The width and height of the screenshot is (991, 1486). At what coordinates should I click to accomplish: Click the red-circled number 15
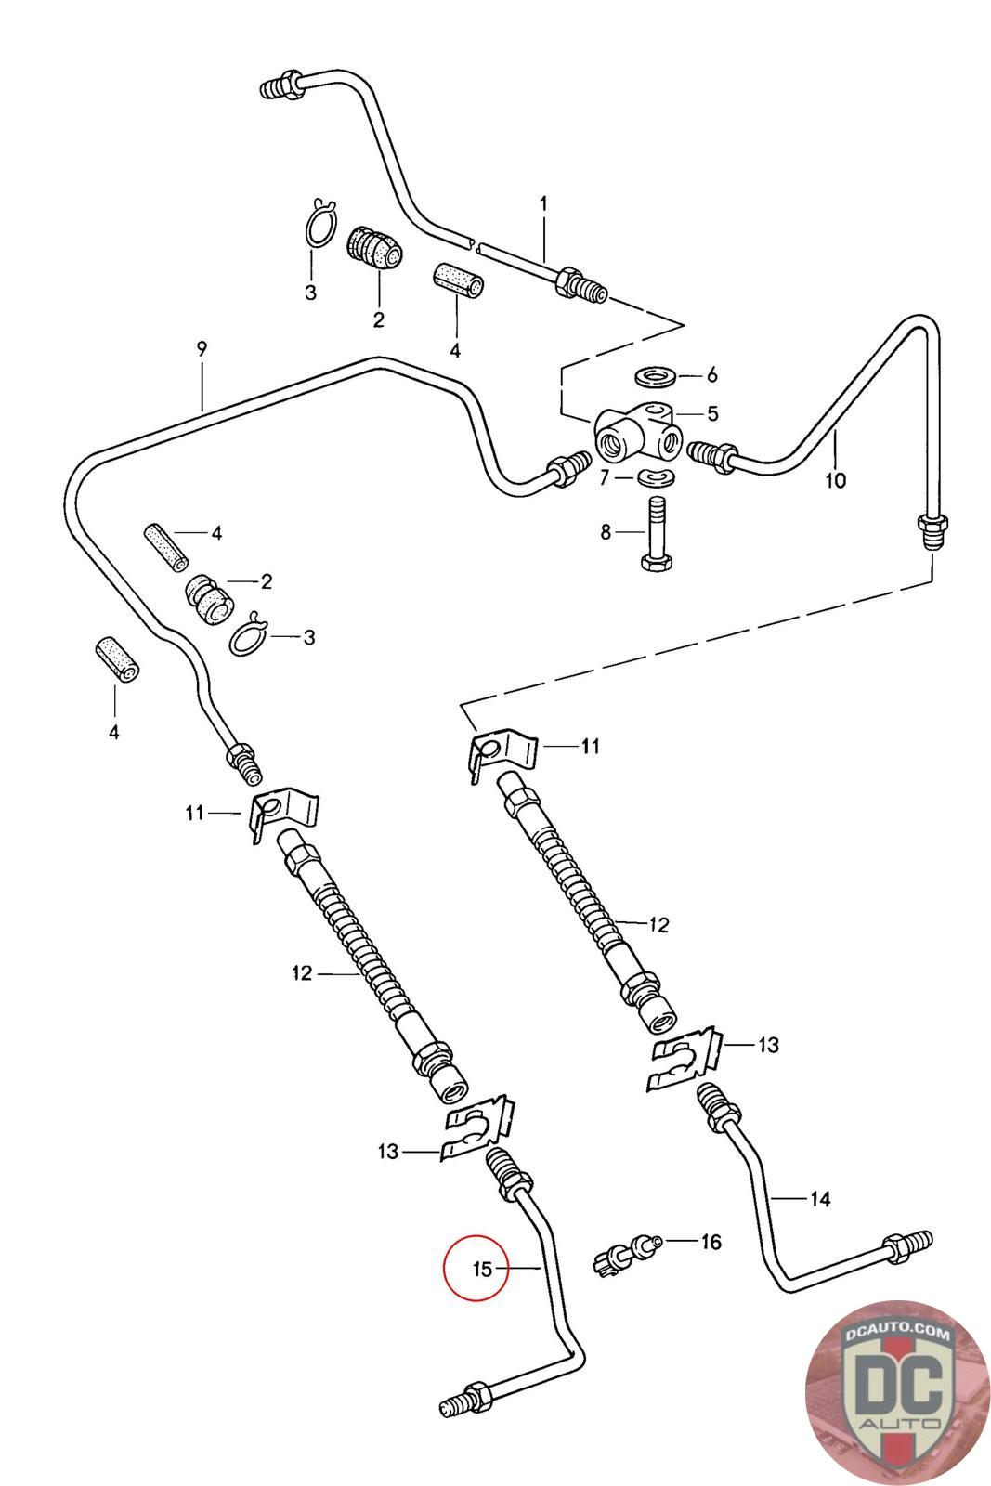click(482, 1269)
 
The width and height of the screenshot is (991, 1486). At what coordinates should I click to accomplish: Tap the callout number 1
click(544, 203)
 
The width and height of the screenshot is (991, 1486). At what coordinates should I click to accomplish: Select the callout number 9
click(202, 348)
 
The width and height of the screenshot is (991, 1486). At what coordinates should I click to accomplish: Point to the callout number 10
click(836, 479)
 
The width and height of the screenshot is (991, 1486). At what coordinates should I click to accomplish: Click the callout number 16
click(711, 1241)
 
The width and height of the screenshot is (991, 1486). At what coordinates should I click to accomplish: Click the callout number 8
click(606, 532)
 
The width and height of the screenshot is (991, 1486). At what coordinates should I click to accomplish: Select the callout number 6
click(712, 375)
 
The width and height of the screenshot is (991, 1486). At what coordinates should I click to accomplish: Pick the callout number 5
click(712, 413)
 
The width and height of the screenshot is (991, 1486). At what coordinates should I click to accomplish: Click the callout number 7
click(604, 477)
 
